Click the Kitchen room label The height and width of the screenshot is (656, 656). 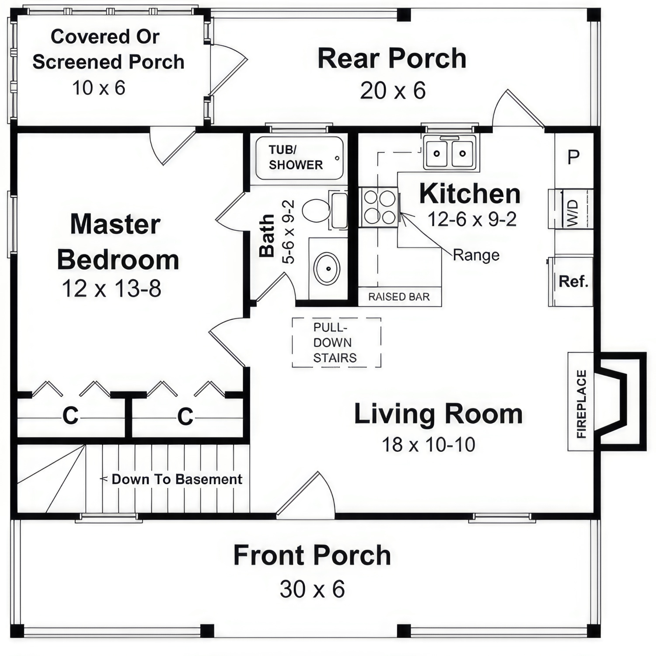pyautogui.click(x=470, y=194)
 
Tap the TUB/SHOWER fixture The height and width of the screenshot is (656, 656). pyautogui.click(x=300, y=158)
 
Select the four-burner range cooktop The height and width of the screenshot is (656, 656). pyautogui.click(x=379, y=207)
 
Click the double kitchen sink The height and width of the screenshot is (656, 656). pyautogui.click(x=449, y=153)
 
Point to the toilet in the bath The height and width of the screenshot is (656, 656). pyautogui.click(x=317, y=210)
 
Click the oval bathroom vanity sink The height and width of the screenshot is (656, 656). pyautogui.click(x=327, y=269)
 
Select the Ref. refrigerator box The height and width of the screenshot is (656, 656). pyautogui.click(x=572, y=281)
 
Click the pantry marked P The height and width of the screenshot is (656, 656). pyautogui.click(x=573, y=157)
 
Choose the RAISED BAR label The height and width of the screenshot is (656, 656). pyautogui.click(x=399, y=297)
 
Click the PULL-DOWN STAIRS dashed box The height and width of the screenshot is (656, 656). pyautogui.click(x=336, y=342)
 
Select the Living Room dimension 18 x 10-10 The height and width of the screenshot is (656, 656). pyautogui.click(x=428, y=445)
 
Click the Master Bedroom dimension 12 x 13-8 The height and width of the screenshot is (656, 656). pyautogui.click(x=112, y=289)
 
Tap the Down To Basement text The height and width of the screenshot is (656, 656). pyautogui.click(x=177, y=479)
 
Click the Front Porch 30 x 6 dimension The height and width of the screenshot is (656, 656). pyautogui.click(x=312, y=589)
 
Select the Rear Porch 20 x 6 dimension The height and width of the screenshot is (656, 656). pyautogui.click(x=392, y=91)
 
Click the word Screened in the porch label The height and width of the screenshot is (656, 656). pyautogui.click(x=77, y=62)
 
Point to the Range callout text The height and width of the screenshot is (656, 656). pyautogui.click(x=476, y=255)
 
